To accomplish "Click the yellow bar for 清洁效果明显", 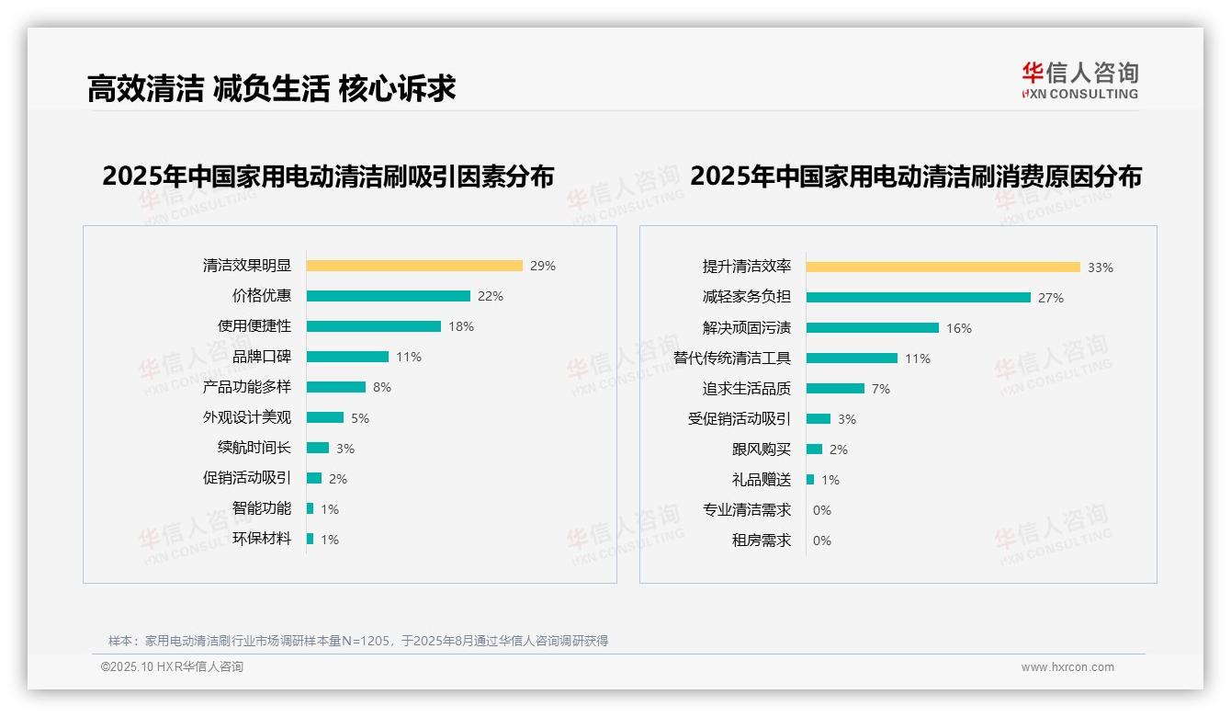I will click(414, 266).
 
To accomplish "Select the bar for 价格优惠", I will click(388, 296).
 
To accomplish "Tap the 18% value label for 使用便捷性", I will click(461, 326).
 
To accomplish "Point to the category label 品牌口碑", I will click(261, 357).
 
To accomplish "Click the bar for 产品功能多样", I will click(335, 387).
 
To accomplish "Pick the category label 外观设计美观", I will click(246, 417).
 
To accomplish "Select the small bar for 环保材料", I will click(310, 539).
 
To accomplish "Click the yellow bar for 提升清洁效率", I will click(943, 267).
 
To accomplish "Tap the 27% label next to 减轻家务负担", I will click(1051, 298).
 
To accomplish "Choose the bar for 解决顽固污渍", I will click(872, 328).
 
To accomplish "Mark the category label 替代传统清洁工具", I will click(731, 358).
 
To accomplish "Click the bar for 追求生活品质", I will click(835, 389).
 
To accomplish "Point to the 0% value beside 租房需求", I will click(821, 541).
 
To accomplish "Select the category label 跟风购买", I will click(761, 450).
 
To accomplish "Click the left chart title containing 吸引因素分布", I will click(328, 176).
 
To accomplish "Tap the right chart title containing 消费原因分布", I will click(915, 176).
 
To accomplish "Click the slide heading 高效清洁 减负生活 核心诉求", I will click(271, 89).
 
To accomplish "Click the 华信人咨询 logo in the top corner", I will click(1079, 80).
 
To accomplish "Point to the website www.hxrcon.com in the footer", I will click(1067, 667).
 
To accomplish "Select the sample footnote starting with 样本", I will click(358, 641).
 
